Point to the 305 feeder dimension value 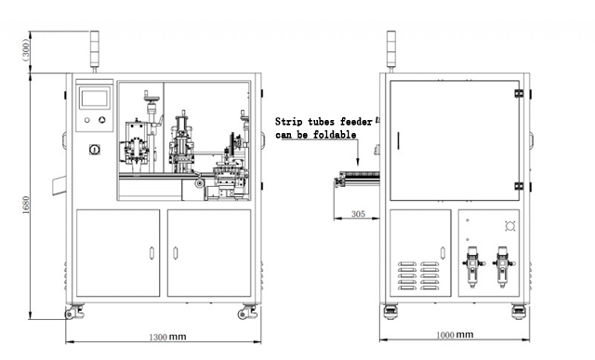[x=357, y=214]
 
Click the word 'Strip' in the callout [x=288, y=121]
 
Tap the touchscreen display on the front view [x=95, y=98]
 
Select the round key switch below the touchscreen [x=93, y=149]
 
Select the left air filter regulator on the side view [x=473, y=263]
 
